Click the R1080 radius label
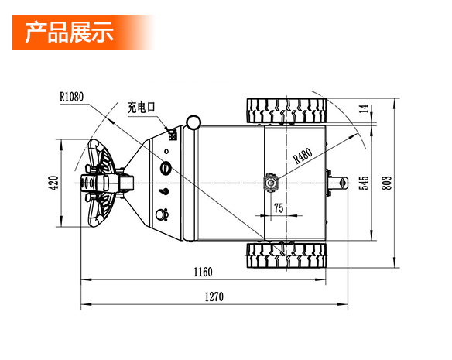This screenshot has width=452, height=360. pyautogui.click(x=71, y=97)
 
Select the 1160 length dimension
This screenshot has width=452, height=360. pyautogui.click(x=203, y=272)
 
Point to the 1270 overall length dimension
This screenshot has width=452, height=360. pyautogui.click(x=214, y=297)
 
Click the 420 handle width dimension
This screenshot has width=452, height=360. pyautogui.click(x=54, y=183)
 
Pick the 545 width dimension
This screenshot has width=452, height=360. pyautogui.click(x=364, y=183)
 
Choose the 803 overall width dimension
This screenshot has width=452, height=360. pyautogui.click(x=387, y=183)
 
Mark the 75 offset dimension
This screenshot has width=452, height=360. pyautogui.click(x=279, y=208)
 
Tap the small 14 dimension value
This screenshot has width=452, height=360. pyautogui.click(x=365, y=108)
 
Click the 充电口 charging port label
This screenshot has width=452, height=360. pyautogui.click(x=141, y=108)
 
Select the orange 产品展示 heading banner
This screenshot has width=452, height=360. pyautogui.click(x=84, y=32)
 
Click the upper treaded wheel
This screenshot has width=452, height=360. pyautogui.click(x=286, y=111)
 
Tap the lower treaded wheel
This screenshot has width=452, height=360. pyautogui.click(x=286, y=255)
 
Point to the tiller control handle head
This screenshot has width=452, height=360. pyautogui.click(x=98, y=183)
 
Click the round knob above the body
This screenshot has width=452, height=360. pyautogui.click(x=193, y=122)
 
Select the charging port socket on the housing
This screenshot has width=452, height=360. pyautogui.click(x=173, y=135)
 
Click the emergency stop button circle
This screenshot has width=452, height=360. pyautogui.click(x=166, y=168)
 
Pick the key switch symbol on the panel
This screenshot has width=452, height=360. pyautogui.click(x=164, y=191)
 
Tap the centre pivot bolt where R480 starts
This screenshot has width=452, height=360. pyautogui.click(x=271, y=183)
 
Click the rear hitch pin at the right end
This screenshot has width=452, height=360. pyautogui.click(x=337, y=183)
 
